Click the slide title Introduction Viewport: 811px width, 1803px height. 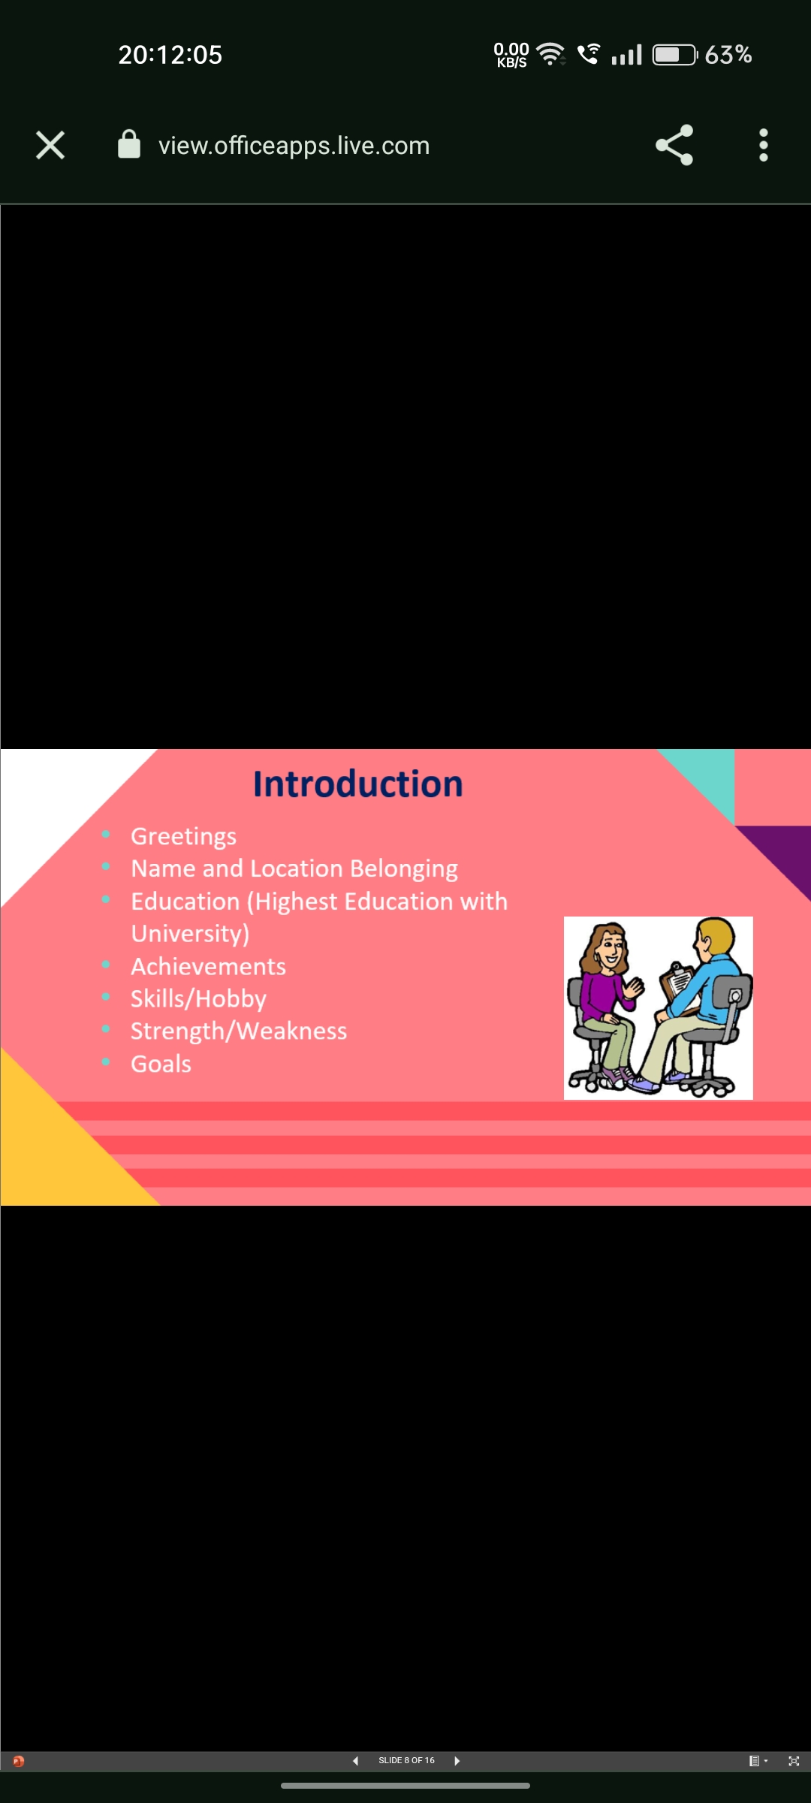[x=357, y=784]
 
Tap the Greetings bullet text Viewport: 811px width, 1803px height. [x=183, y=836]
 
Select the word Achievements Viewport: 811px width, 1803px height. [x=208, y=966]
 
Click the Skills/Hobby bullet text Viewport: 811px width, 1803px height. [x=198, y=998]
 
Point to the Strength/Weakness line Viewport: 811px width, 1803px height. [x=239, y=1031]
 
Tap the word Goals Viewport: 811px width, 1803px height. [x=161, y=1064]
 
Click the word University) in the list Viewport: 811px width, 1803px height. [x=190, y=934]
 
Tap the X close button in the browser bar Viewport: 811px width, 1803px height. [x=50, y=145]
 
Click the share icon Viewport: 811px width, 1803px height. [x=674, y=145]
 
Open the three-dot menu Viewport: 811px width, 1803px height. [x=764, y=145]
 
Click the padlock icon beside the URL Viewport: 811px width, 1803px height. [x=129, y=144]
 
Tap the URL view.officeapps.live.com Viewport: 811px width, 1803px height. [x=294, y=146]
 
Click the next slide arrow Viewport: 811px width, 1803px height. [x=457, y=1761]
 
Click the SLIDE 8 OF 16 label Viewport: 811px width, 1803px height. [x=406, y=1761]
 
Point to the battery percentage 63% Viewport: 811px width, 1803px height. [x=728, y=55]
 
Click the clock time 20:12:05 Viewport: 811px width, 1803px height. [x=170, y=55]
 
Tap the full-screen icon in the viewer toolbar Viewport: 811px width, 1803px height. [x=794, y=1761]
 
